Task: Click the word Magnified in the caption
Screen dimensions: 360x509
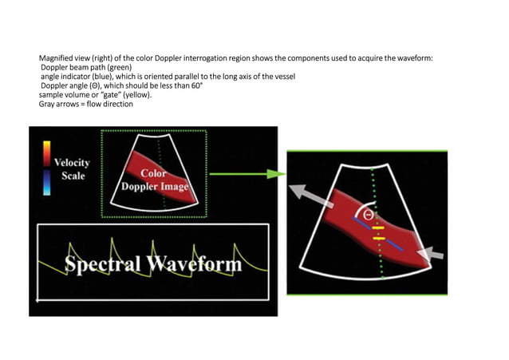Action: [x=57, y=59]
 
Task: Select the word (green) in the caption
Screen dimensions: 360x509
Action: [x=117, y=68]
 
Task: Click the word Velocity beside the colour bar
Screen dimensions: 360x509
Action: [x=72, y=162]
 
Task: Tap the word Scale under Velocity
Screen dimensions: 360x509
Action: [x=73, y=176]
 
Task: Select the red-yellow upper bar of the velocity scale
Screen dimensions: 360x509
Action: [x=47, y=153]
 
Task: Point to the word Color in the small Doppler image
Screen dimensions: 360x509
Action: [x=153, y=173]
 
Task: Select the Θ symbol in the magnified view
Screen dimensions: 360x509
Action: [x=367, y=215]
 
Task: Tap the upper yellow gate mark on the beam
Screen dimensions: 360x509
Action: [x=379, y=228]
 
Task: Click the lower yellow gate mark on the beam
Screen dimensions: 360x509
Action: [x=379, y=238]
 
